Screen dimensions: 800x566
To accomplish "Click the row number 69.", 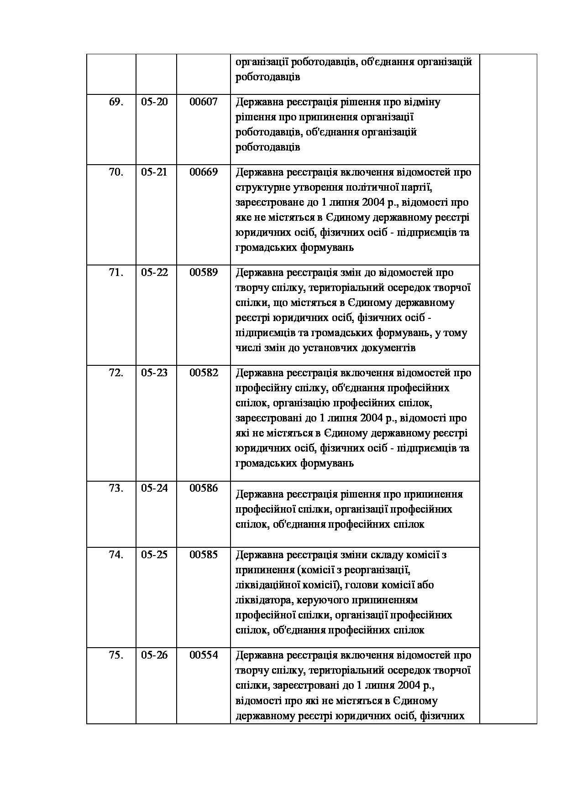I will coord(116,102).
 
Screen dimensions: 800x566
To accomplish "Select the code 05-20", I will coord(154,102).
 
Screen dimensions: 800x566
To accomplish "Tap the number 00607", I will coord(204,102).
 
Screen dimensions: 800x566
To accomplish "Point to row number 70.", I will coord(116,172).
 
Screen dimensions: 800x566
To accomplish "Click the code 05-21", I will coord(154,172).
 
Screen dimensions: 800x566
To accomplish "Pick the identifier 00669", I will coord(204,172).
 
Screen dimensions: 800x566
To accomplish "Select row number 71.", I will coord(116,273).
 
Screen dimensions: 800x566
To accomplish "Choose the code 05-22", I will coord(154,273).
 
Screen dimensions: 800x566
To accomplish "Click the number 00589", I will coord(204,273).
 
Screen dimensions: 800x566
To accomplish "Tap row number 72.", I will coord(116,373).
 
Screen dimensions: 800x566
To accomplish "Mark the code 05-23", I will coord(154,373).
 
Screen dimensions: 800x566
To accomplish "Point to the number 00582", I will coord(204,373).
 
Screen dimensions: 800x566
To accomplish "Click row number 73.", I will coord(116,488).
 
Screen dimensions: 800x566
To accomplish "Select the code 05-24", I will coord(154,488).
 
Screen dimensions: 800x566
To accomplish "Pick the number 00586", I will coord(204,488).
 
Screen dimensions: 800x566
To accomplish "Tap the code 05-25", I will coord(154,555).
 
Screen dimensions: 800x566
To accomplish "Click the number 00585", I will coord(204,555).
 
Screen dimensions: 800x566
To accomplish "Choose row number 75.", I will coord(116,655).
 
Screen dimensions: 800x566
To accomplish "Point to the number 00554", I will coord(204,655).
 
